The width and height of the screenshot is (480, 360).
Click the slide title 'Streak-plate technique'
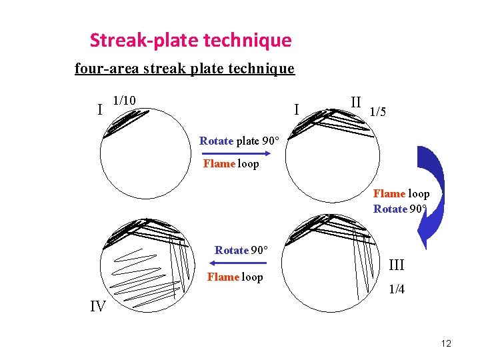(191, 41)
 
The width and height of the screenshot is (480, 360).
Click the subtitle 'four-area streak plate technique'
(184, 68)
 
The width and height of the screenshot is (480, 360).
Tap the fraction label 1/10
(124, 101)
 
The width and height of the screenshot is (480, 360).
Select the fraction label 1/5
(377, 112)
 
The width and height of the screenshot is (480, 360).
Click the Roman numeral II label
(356, 103)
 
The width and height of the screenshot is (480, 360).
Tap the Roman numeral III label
(396, 265)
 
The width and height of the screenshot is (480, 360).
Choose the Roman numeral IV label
(98, 307)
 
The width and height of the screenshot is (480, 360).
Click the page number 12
(446, 343)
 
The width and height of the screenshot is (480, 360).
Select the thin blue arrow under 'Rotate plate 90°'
(233, 153)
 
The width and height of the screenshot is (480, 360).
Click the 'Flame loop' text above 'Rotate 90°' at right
(401, 194)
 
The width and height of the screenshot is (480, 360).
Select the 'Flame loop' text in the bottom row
(235, 277)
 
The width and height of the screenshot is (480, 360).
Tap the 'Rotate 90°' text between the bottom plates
(241, 250)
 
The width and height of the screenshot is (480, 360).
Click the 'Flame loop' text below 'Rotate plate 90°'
(231, 163)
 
